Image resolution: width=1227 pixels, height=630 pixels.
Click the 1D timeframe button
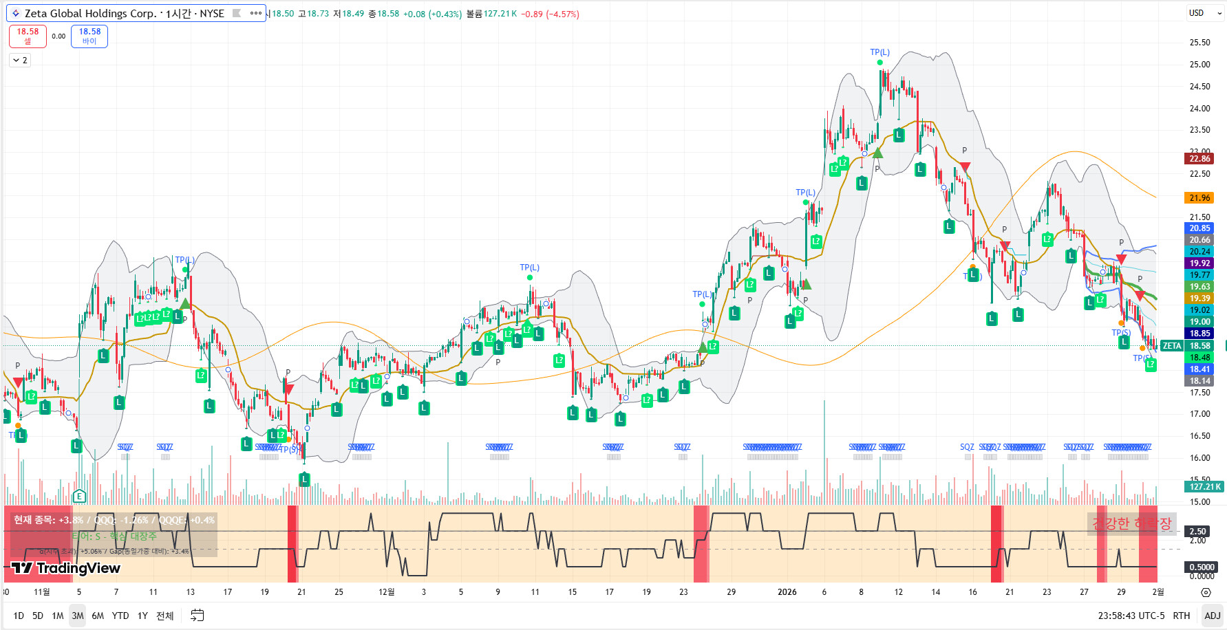click(x=19, y=616)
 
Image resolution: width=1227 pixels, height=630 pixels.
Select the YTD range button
click(x=120, y=616)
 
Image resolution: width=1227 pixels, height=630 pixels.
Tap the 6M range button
click(x=98, y=616)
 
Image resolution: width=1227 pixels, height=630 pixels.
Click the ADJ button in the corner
click(x=1212, y=616)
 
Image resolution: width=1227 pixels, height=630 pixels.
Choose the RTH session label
click(x=1181, y=616)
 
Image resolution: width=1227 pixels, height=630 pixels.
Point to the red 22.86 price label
click(x=1199, y=158)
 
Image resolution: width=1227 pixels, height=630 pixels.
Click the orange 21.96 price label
click(x=1199, y=198)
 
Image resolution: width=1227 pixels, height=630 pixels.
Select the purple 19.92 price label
click(x=1199, y=263)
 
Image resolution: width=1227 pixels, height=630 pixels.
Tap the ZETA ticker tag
click(x=1171, y=346)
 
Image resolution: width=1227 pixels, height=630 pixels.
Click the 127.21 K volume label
click(x=1204, y=487)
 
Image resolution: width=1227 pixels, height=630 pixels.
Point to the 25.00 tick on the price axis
click(x=1199, y=65)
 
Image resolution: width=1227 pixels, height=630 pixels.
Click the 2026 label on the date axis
click(x=787, y=592)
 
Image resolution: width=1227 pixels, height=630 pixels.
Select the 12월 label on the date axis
click(x=387, y=592)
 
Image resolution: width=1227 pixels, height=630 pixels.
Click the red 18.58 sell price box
click(x=28, y=36)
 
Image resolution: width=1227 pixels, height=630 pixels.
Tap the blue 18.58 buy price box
click(x=89, y=36)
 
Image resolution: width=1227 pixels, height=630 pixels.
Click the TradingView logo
click(x=66, y=568)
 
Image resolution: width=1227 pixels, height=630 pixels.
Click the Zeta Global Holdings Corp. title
click(x=124, y=13)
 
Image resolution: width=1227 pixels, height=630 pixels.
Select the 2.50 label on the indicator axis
click(x=1197, y=532)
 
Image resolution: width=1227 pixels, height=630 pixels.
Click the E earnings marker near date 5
click(x=79, y=496)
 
